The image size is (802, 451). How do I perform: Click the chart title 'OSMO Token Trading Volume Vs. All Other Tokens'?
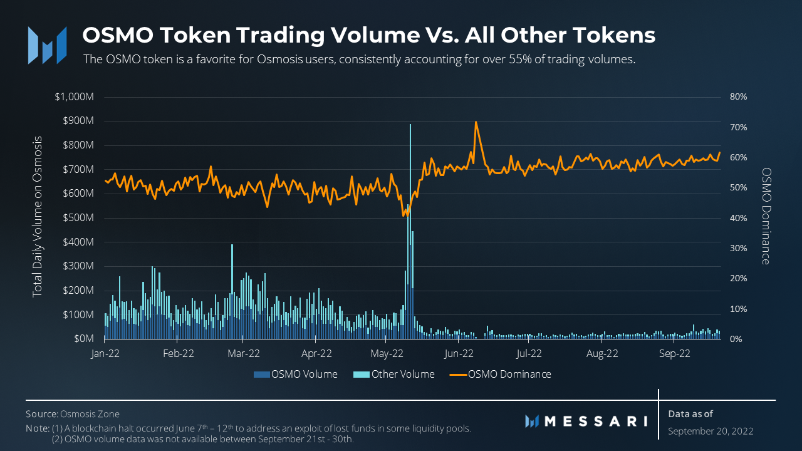tap(368, 35)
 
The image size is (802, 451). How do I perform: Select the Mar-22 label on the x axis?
tap(244, 353)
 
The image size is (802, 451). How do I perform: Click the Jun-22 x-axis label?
tap(459, 353)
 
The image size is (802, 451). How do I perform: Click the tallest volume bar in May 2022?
tap(410, 188)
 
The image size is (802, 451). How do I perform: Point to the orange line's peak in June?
tap(476, 122)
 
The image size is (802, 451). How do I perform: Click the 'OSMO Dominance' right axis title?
tap(765, 215)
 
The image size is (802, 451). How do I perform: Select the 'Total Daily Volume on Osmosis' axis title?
tap(38, 215)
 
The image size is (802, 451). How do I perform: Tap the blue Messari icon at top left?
tap(46, 44)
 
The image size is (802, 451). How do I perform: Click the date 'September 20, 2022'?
tap(711, 431)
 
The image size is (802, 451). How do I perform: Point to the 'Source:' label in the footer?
tap(41, 414)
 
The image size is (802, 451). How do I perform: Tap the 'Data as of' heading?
tap(690, 414)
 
